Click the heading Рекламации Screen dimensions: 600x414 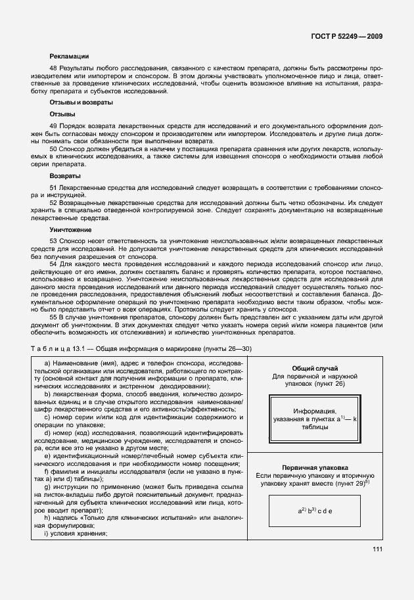69,56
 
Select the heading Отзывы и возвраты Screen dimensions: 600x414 81,103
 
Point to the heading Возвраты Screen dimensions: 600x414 65,177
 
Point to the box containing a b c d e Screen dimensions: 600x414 314,509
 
